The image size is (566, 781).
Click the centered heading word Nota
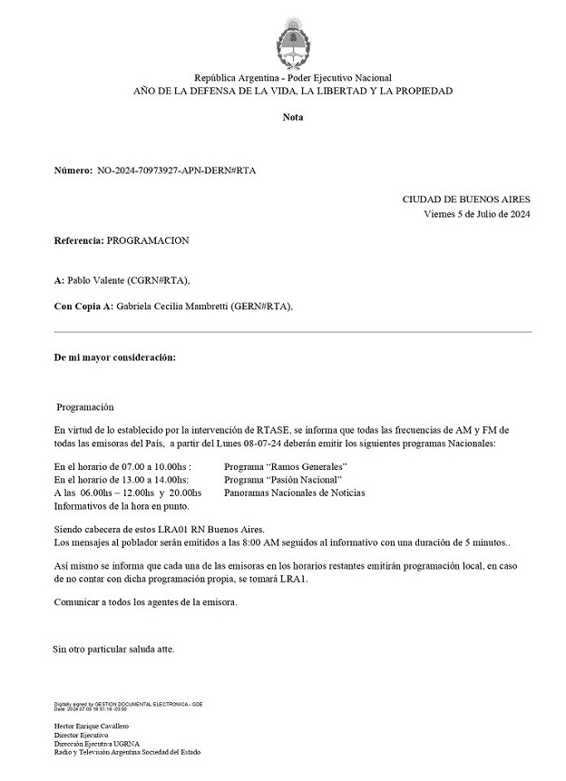(x=293, y=117)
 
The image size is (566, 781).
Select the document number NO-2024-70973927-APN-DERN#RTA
(x=176, y=171)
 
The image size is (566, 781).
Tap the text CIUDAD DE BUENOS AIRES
(x=466, y=200)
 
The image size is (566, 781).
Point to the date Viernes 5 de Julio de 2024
(x=477, y=214)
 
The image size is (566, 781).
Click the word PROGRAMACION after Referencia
(x=148, y=241)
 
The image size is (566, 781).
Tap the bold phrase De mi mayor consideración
(x=115, y=357)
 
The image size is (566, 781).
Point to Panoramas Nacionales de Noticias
(x=294, y=493)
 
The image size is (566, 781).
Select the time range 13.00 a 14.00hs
(x=148, y=479)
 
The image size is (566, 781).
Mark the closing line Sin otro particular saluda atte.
(x=113, y=649)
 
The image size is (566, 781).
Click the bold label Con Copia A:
(x=83, y=307)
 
